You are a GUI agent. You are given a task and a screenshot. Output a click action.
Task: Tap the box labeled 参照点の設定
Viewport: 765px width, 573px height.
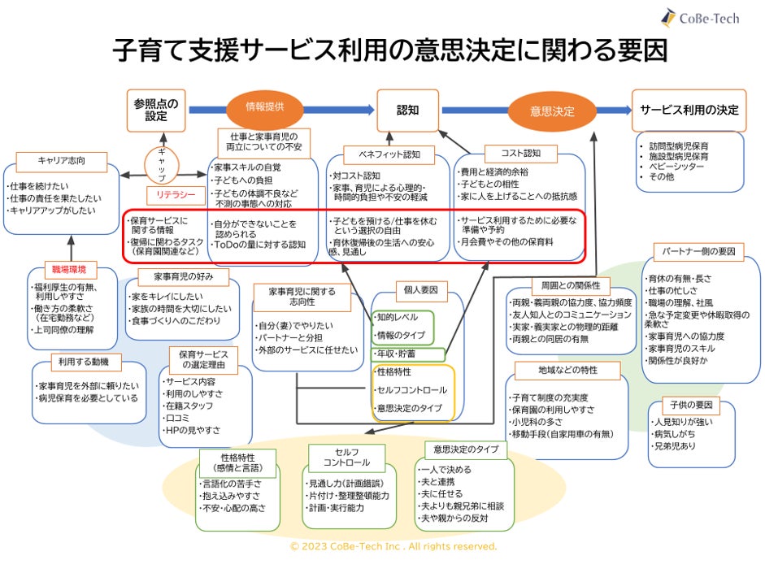pyautogui.click(x=156, y=110)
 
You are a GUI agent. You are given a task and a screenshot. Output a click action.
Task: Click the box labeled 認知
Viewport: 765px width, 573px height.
pyautogui.click(x=407, y=110)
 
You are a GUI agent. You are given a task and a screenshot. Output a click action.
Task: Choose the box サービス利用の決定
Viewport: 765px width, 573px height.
pyautogui.click(x=689, y=110)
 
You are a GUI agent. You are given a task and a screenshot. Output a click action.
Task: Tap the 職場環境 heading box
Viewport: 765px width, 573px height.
pyautogui.click(x=72, y=269)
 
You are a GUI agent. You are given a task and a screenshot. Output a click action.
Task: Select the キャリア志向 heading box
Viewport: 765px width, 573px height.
pyautogui.click(x=62, y=160)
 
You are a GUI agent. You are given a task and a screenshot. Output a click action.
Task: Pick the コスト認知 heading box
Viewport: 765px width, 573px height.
pyautogui.click(x=521, y=153)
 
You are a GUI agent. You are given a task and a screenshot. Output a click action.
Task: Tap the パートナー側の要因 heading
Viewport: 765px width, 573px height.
pyautogui.click(x=698, y=251)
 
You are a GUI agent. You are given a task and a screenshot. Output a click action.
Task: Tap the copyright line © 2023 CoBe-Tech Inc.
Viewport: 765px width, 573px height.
pyautogui.click(x=393, y=547)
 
